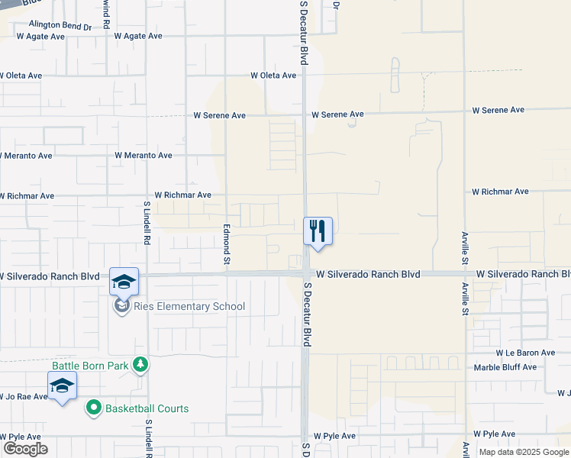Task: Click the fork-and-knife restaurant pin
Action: tap(318, 231)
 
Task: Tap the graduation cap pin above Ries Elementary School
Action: tap(124, 282)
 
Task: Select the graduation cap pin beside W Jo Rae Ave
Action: tap(62, 385)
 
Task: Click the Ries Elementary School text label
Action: tap(189, 307)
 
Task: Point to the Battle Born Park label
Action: tap(90, 366)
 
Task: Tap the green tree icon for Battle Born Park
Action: tap(140, 365)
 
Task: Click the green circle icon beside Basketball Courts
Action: tap(94, 408)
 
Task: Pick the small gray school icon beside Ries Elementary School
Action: tap(121, 307)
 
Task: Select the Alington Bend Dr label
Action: tap(60, 25)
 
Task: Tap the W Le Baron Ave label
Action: tap(524, 353)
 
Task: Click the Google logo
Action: tap(25, 449)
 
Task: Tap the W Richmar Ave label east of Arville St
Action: tap(500, 192)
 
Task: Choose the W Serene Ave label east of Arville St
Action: tap(498, 110)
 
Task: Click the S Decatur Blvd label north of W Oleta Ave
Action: tap(303, 32)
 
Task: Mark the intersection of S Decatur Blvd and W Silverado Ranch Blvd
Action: tap(305, 273)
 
